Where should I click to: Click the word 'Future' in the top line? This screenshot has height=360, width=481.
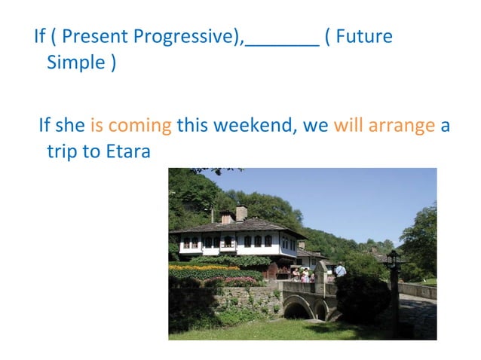click(x=364, y=36)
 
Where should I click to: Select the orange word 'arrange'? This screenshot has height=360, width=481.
click(x=401, y=125)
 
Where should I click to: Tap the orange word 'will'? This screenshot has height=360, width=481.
click(x=348, y=125)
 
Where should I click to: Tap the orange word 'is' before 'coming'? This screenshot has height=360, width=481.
click(x=97, y=125)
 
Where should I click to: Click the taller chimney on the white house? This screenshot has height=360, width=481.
click(x=241, y=212)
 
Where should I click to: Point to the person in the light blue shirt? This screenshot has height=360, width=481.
click(x=341, y=269)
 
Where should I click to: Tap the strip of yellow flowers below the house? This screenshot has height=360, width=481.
click(x=200, y=267)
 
